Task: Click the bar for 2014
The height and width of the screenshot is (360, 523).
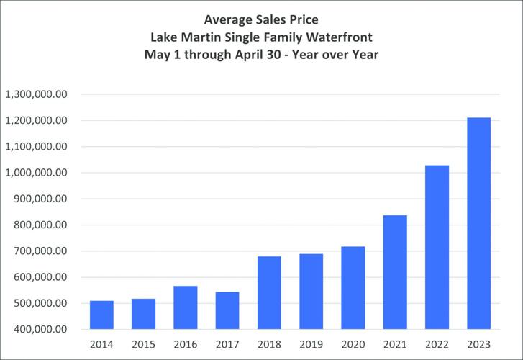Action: click(x=101, y=315)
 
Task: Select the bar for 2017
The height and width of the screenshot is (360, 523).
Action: click(x=227, y=310)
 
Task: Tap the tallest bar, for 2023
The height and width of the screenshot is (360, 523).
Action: click(x=478, y=223)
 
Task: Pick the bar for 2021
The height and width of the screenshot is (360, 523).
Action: click(x=395, y=272)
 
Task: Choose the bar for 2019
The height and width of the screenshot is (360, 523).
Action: click(x=311, y=291)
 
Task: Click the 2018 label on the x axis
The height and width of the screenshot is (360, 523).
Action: click(x=269, y=345)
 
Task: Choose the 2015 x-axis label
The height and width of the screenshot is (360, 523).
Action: click(x=143, y=345)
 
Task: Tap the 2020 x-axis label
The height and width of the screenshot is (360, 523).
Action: click(x=353, y=345)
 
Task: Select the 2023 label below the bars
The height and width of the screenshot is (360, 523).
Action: click(x=478, y=345)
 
